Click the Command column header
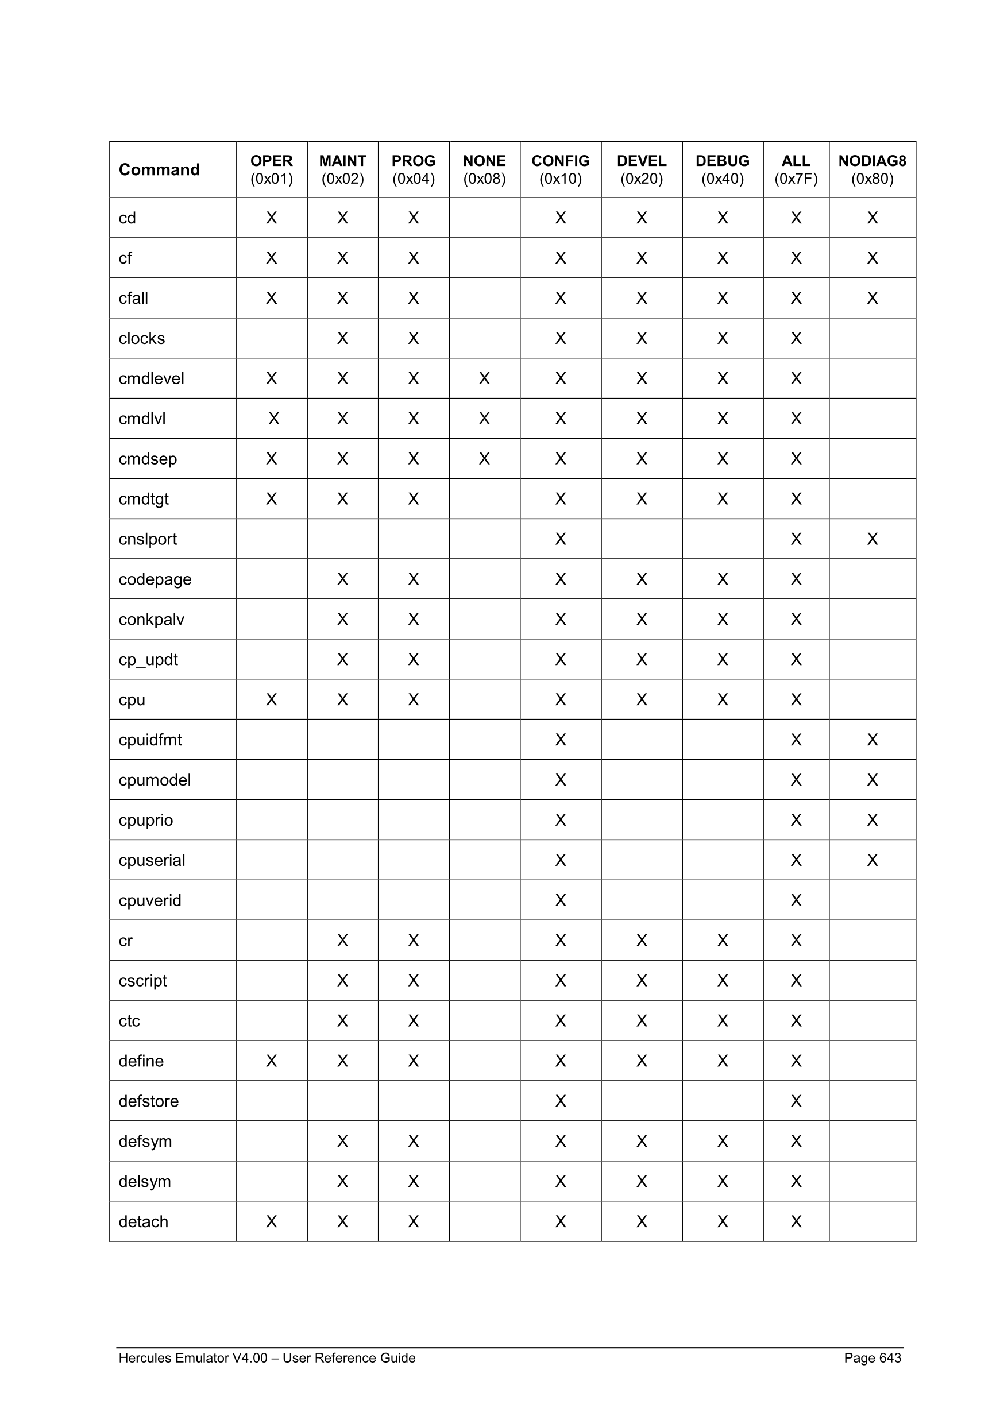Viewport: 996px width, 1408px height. tap(159, 169)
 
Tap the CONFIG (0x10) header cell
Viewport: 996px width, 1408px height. tap(560, 169)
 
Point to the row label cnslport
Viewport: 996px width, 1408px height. tap(147, 539)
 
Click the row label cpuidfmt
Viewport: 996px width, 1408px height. tap(150, 740)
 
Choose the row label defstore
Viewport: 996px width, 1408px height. tap(148, 1101)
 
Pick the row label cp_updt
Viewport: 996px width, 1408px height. tap(148, 659)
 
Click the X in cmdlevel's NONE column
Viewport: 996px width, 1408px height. tap(484, 378)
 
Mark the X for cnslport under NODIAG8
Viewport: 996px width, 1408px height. tap(871, 539)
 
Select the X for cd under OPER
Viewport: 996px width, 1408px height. tap(271, 218)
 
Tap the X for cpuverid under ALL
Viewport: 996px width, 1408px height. tap(796, 900)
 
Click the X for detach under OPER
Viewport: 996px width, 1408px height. tap(271, 1221)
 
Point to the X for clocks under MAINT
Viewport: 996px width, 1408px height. tap(342, 339)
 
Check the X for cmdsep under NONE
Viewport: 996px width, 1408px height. tap(484, 459)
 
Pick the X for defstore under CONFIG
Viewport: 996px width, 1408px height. tap(560, 1101)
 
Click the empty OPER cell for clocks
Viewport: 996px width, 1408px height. tap(271, 339)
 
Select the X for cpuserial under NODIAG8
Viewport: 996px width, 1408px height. tap(871, 860)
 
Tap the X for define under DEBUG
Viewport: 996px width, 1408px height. tap(722, 1061)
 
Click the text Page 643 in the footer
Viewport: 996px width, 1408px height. tap(871, 1357)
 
